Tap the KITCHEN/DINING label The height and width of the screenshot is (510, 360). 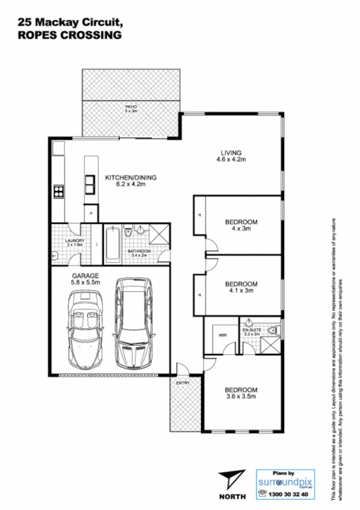click(x=131, y=178)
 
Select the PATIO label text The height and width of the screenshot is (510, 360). click(x=131, y=107)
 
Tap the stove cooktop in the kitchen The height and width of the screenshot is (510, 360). click(x=59, y=192)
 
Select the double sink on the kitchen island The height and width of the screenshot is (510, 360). click(x=90, y=182)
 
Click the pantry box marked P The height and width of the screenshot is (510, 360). click(x=91, y=214)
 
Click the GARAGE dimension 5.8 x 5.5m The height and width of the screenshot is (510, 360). click(x=85, y=281)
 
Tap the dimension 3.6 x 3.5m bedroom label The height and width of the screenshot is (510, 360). click(x=241, y=397)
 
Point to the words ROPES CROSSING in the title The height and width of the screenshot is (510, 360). click(x=69, y=36)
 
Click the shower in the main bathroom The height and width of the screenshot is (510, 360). click(x=158, y=233)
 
